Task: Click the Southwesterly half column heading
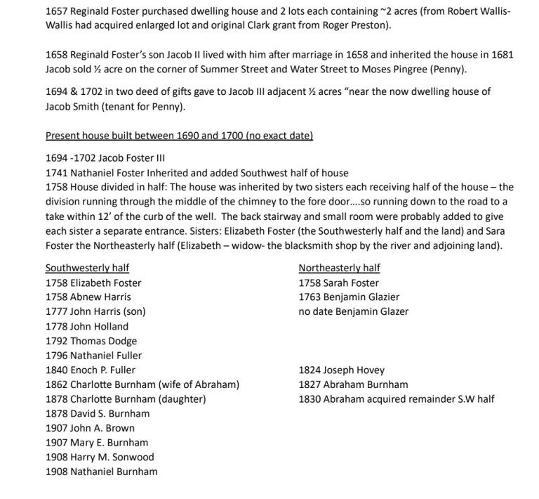[87, 268]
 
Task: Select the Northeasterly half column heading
[340, 268]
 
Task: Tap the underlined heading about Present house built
[179, 135]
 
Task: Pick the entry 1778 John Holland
[87, 326]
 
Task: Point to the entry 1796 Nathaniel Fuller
[93, 356]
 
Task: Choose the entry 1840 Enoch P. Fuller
[91, 370]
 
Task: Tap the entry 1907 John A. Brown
[90, 428]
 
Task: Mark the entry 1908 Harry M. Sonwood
[100, 457]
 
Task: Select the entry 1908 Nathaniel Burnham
[102, 472]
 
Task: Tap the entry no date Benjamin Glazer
[354, 311]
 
